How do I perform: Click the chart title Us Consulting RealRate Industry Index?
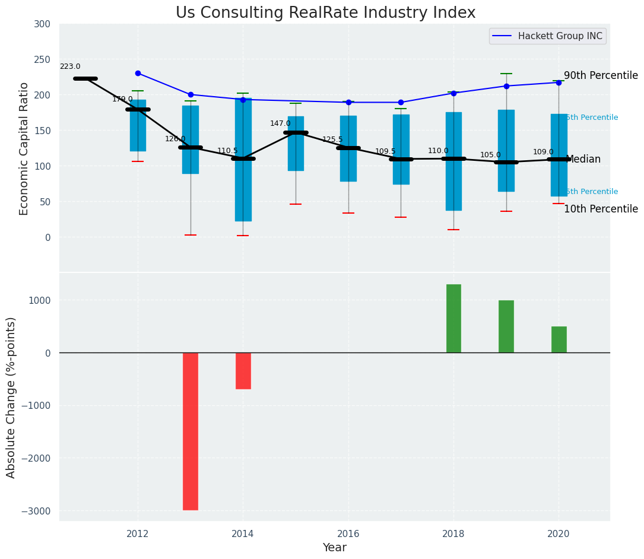click(x=325, y=13)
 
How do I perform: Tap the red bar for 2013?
click(x=191, y=431)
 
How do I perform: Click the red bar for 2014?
click(x=243, y=371)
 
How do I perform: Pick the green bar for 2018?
click(x=453, y=319)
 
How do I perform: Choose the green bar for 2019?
click(x=506, y=326)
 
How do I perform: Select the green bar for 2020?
click(x=559, y=339)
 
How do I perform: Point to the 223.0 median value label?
click(x=70, y=67)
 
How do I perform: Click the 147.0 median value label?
click(x=280, y=123)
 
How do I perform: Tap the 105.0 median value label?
click(x=490, y=155)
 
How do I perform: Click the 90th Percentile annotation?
click(x=601, y=76)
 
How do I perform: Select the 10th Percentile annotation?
click(x=601, y=209)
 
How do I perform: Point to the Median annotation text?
click(x=583, y=160)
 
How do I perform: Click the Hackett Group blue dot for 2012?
click(x=138, y=73)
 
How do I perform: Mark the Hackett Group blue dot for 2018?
click(x=453, y=93)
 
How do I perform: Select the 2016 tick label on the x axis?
click(x=348, y=533)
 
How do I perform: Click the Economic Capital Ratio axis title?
click(x=24, y=148)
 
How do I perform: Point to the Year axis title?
click(x=334, y=548)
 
